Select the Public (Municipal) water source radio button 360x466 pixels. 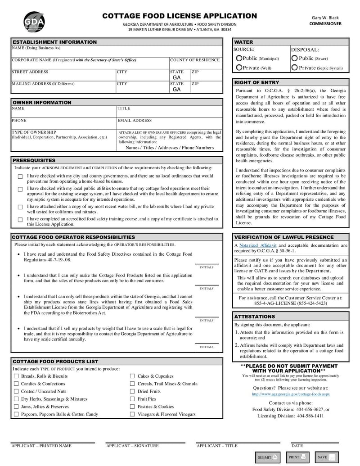[x=239, y=58]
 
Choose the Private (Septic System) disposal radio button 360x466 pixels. [x=294, y=68]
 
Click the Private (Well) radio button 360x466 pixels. [x=239, y=68]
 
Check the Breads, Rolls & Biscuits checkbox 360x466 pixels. [x=16, y=376]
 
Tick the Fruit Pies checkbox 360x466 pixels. [x=132, y=399]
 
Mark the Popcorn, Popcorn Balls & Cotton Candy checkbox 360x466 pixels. [x=16, y=414]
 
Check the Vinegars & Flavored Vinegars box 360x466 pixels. [x=132, y=414]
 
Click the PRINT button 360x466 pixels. [x=297, y=457]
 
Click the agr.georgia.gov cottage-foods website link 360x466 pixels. [x=291, y=394]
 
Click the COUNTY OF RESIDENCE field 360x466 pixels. [x=195, y=63]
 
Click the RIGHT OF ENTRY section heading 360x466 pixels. [x=257, y=82]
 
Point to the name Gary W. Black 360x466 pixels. [x=325, y=17]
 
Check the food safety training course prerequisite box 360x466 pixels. [x=20, y=220]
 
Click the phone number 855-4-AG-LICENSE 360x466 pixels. [x=291, y=303]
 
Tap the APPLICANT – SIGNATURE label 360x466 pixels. [x=132, y=446]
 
